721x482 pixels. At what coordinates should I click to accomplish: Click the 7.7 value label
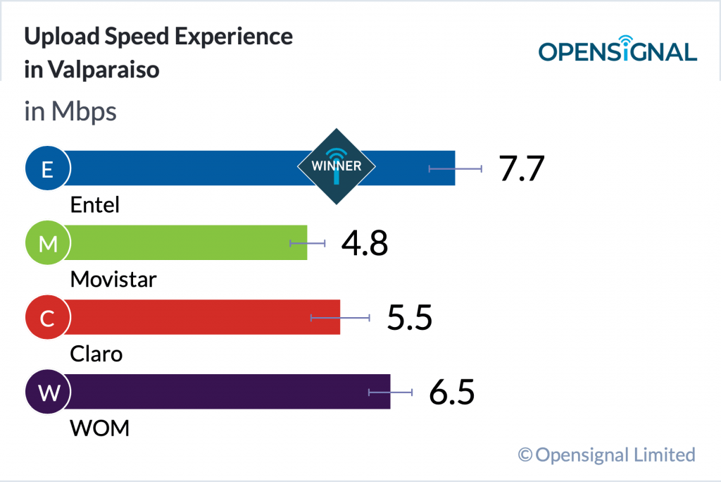tap(522, 168)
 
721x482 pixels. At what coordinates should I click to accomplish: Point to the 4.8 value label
tap(365, 243)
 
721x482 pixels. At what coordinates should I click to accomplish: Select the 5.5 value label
tap(409, 318)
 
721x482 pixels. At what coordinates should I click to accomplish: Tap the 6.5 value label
tap(452, 393)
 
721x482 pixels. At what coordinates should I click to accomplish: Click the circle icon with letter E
tap(47, 168)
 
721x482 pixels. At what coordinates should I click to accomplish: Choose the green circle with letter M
tap(47, 243)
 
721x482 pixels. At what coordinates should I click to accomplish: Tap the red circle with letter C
tap(47, 318)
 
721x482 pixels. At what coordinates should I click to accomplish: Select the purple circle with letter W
tap(47, 393)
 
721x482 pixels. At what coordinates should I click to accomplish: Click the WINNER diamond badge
tap(336, 166)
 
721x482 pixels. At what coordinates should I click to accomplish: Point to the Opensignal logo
tap(617, 49)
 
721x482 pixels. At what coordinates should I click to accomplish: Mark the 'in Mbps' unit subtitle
tap(70, 111)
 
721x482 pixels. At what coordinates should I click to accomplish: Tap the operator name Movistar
tap(113, 280)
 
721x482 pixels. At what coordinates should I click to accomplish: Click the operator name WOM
tap(100, 428)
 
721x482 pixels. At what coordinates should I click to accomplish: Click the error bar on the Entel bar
tap(456, 168)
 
